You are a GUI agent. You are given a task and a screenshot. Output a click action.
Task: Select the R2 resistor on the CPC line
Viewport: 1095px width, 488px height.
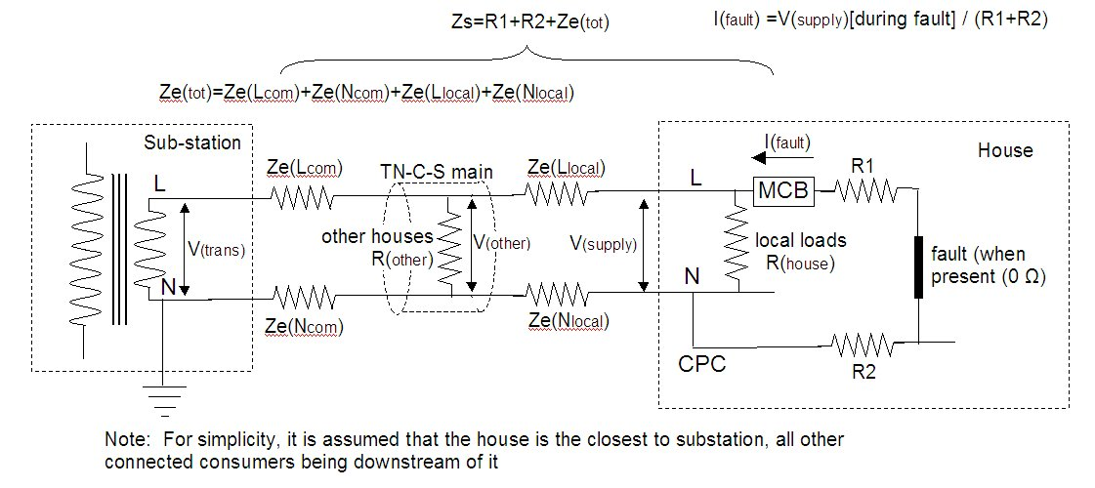click(862, 343)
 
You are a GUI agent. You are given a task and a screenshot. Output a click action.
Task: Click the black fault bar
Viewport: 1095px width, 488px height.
click(919, 265)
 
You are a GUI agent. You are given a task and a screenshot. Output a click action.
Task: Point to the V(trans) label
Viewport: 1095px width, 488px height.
click(216, 248)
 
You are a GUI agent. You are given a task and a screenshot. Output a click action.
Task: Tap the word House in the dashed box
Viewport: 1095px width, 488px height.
click(1004, 150)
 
